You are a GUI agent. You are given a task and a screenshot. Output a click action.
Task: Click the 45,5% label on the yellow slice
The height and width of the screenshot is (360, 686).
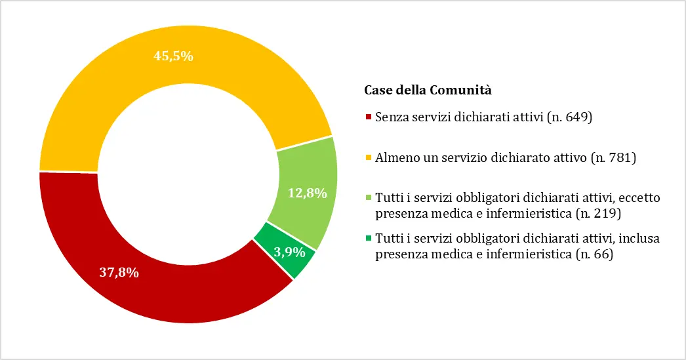(173, 56)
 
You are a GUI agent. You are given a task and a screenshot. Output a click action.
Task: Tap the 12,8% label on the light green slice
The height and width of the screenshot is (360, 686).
(307, 192)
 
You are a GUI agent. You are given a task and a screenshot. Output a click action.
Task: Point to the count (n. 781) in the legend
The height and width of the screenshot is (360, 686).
(614, 157)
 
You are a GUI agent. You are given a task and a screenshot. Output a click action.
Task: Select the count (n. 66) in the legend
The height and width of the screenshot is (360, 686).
(594, 254)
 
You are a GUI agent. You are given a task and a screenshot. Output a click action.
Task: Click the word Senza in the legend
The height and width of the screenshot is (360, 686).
(390, 117)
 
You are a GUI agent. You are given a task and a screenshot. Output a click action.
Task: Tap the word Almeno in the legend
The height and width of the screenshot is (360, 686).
(393, 157)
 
